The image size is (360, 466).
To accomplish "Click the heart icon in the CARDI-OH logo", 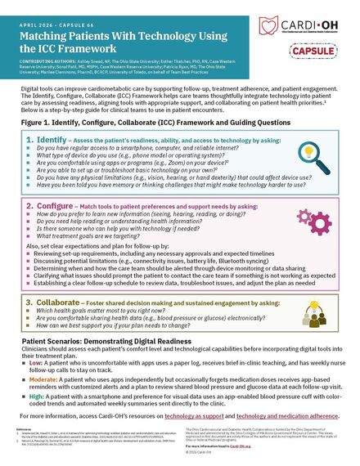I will pyautogui.click(x=268, y=25).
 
